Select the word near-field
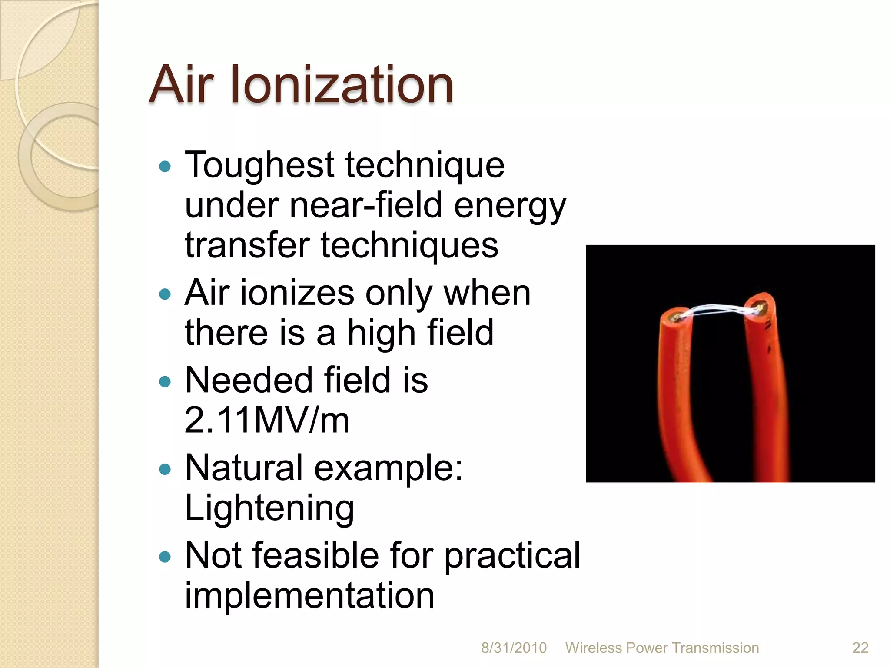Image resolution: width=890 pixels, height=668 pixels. pos(366,205)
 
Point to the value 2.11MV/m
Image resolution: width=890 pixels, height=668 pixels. pos(267,420)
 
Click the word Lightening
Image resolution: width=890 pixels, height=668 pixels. pos(269,508)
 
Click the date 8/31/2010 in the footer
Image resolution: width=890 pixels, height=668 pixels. pos(514,648)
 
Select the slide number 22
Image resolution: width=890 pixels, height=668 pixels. pos(860,648)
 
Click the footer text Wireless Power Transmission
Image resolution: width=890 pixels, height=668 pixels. pos(662,648)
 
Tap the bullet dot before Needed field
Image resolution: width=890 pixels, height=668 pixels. pos(165,382)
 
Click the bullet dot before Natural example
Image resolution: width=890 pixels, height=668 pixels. pos(165,470)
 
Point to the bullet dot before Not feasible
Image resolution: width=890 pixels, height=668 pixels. pos(165,557)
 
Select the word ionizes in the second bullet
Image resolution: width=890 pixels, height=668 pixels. pos(297,293)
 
